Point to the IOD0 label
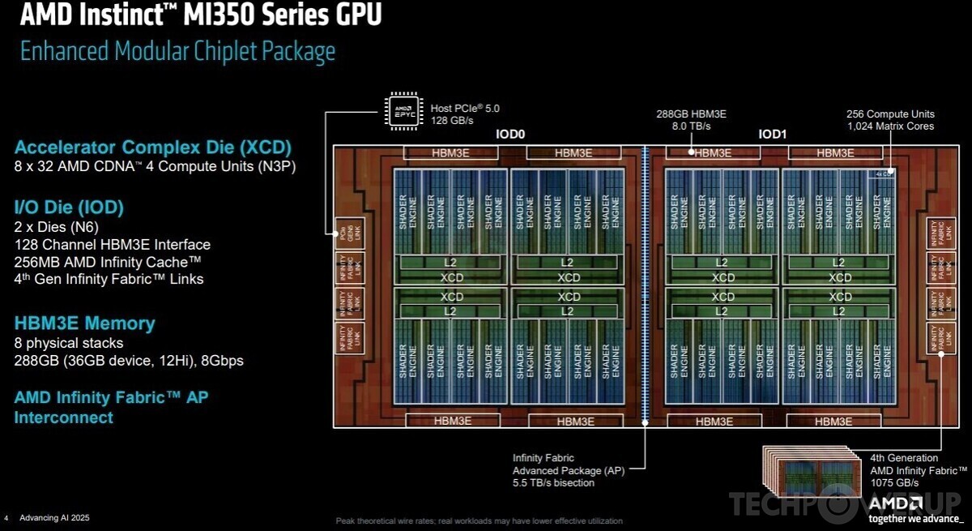click(x=512, y=135)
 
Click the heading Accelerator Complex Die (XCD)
click(x=152, y=148)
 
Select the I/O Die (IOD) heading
click(x=69, y=208)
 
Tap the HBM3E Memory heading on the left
click(x=84, y=323)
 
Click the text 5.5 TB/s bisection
click(x=553, y=483)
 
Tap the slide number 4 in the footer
click(x=6, y=517)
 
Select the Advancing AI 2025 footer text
click(x=53, y=517)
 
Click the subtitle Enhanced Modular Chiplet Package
click(x=177, y=52)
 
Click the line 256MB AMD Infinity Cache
click(x=108, y=262)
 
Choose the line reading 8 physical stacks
click(x=69, y=343)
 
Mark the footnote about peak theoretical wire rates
click(x=480, y=520)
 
